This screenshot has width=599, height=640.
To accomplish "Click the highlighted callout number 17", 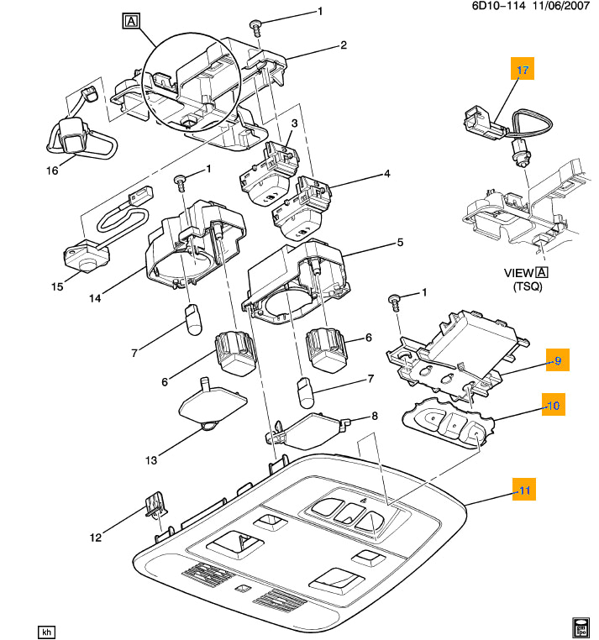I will (x=523, y=71).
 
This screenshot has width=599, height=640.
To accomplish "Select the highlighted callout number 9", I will (x=556, y=361).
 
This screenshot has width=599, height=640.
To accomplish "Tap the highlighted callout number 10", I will (x=552, y=406).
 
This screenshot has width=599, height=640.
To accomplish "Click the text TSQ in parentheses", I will (x=525, y=287).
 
